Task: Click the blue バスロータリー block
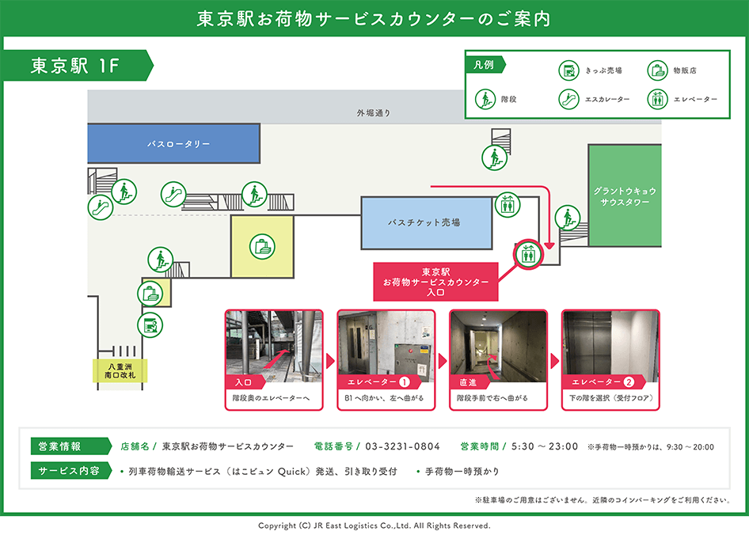point(173,144)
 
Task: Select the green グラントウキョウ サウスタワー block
point(625,196)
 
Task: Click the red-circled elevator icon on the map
point(527,254)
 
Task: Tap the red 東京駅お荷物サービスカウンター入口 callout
point(435,282)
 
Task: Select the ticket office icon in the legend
point(568,70)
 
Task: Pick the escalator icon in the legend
point(568,100)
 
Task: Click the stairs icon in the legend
point(485,100)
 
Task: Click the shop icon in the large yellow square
point(262,246)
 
